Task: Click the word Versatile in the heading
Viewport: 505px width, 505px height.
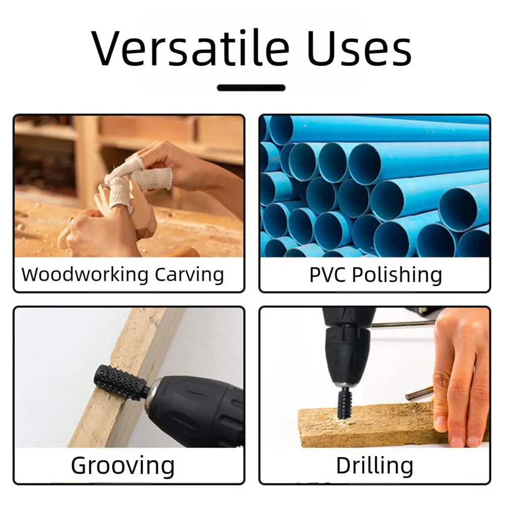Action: (x=190, y=48)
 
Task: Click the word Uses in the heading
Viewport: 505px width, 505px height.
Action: (x=359, y=48)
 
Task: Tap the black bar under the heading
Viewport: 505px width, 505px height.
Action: (x=251, y=88)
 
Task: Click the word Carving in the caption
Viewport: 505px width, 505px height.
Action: (x=189, y=275)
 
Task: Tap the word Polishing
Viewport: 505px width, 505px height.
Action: (x=397, y=275)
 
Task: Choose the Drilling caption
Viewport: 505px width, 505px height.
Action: (x=374, y=466)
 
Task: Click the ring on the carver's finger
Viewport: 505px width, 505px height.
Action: (x=71, y=220)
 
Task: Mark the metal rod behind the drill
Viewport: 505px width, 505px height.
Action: (x=403, y=325)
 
